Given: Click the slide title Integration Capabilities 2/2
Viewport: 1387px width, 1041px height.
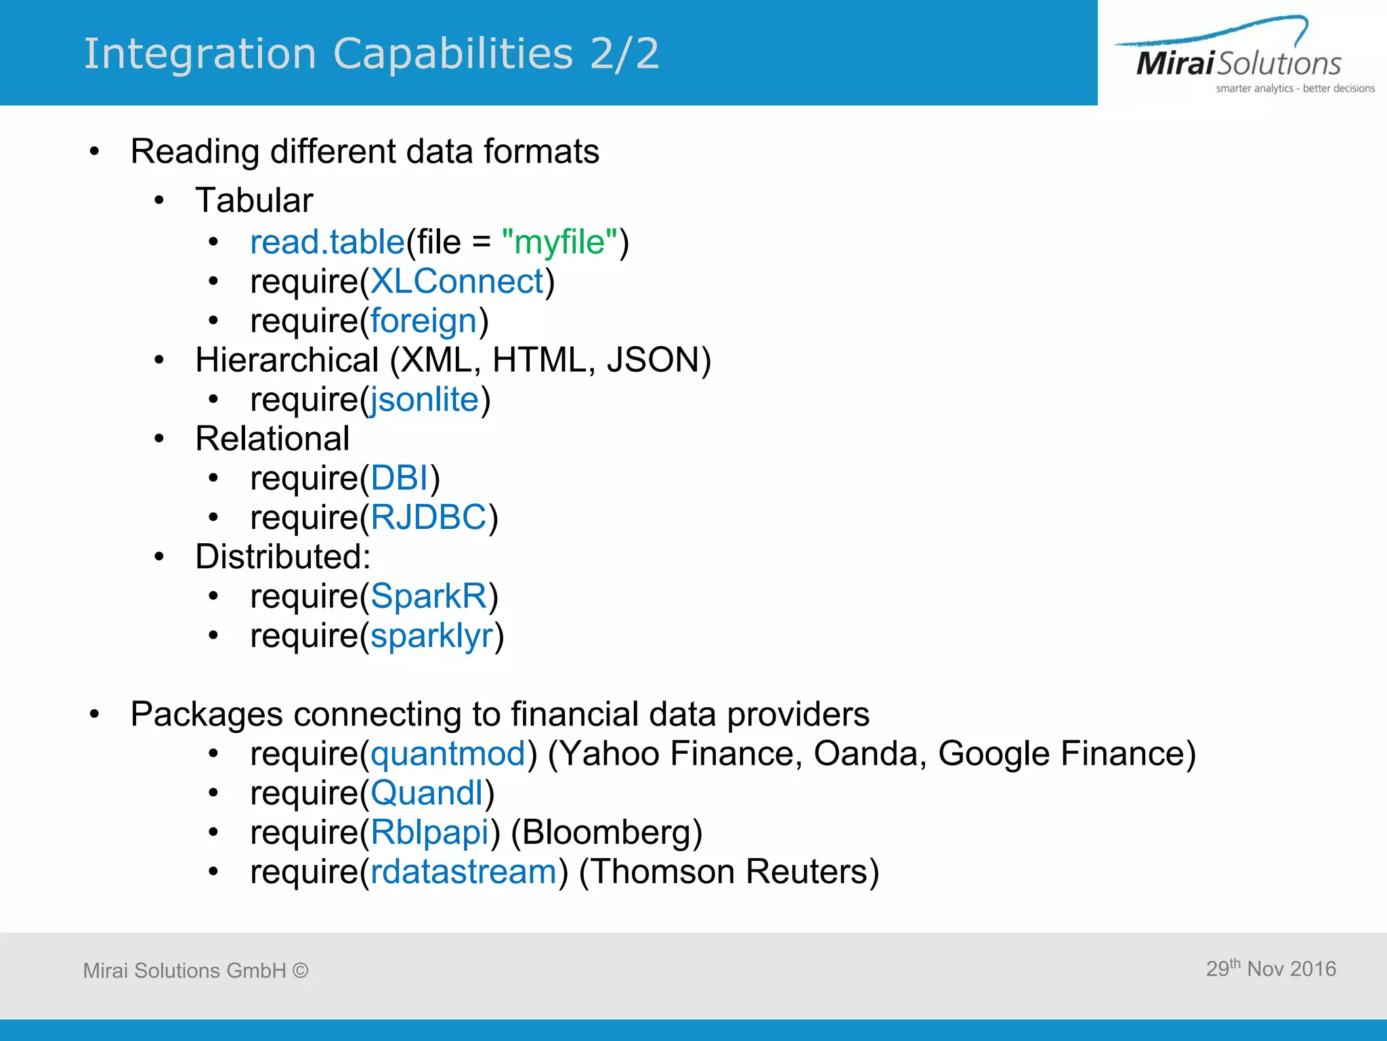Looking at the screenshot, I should pos(371,54).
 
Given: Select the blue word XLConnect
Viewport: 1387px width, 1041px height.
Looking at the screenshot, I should pos(457,281).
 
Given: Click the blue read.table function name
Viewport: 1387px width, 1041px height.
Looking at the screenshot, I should pos(327,242).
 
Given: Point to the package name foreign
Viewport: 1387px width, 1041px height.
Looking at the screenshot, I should pos(424,320).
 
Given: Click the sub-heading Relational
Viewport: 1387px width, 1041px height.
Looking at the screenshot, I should pos(272,438).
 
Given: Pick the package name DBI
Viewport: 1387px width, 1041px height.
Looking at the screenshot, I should pos(400,478).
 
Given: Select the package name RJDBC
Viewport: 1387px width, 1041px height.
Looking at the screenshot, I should pos(429,517).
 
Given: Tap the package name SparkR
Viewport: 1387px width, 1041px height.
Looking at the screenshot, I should pos(429,596).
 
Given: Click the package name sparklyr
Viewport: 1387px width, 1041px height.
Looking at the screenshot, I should pos(431,636).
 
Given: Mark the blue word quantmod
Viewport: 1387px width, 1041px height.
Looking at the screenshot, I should pos(448,753).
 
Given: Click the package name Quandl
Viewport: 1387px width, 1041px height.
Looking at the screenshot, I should pos(427,792).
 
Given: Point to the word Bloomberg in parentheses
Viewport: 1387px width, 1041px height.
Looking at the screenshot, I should pos(606,832).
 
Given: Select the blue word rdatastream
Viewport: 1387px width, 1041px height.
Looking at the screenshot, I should pos(463,871).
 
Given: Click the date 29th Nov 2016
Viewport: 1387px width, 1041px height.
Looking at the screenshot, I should pos(1271,969).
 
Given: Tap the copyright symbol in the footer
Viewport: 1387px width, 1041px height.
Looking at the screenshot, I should pos(301,971).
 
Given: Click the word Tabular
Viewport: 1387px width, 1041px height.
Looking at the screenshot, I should pos(254,200).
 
